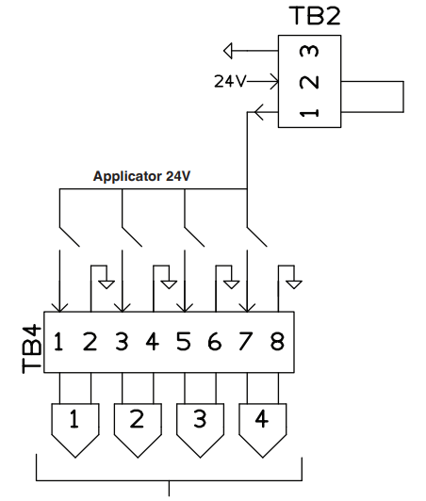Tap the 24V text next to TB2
coord(230,81)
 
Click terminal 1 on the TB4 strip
coord(58,342)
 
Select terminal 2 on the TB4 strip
coord(90,342)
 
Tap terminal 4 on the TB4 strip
coord(152,342)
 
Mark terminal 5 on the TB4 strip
coord(183,342)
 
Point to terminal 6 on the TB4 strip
coord(214,342)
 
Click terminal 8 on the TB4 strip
coord(276,342)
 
